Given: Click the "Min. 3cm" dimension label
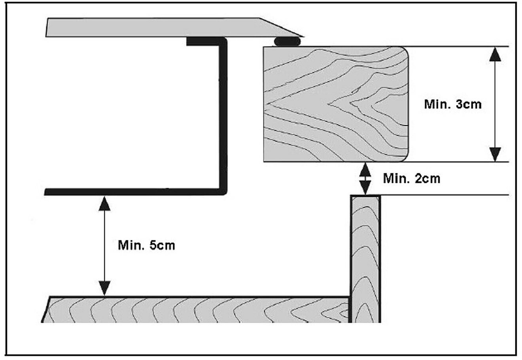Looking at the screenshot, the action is (x=453, y=104).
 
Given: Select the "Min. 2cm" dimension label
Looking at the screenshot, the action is (x=412, y=178).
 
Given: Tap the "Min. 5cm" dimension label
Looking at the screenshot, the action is (x=146, y=246).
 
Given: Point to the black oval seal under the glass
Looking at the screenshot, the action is (x=287, y=41).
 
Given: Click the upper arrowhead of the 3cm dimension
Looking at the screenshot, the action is (x=495, y=54).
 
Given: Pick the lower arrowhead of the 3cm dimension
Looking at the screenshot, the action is (x=495, y=154).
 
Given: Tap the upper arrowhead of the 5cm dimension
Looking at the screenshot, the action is (x=104, y=204).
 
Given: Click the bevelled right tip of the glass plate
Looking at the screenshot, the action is (x=303, y=36).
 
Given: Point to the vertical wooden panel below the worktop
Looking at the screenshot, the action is (x=366, y=259).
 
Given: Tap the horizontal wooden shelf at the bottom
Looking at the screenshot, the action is (x=195, y=309).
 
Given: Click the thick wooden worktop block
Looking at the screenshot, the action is (x=336, y=104).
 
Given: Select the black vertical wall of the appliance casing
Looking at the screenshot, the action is (x=223, y=116).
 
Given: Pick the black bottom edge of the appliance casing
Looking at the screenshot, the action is (x=135, y=192).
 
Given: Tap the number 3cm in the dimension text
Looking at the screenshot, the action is (x=469, y=104).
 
